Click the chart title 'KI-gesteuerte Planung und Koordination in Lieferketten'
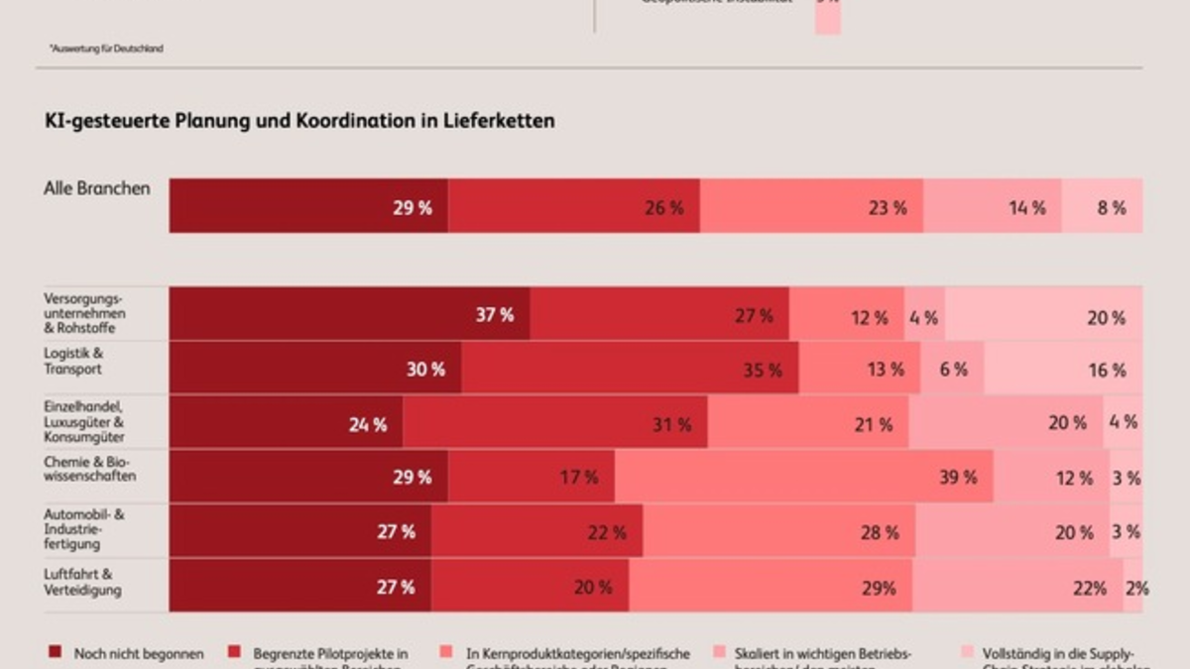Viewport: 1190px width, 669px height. pos(299,121)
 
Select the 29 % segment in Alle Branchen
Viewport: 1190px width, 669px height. pos(308,206)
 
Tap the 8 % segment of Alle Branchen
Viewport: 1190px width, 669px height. pos(1102,206)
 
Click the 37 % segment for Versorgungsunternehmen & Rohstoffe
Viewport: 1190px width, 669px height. pos(349,315)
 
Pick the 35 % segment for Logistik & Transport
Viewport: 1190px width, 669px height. pos(630,369)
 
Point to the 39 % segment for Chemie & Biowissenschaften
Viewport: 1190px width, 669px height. pos(803,477)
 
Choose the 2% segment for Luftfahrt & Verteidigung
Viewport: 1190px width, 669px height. pos(1132,586)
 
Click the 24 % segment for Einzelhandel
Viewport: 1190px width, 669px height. pos(286,423)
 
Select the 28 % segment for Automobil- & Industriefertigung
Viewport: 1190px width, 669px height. pos(778,531)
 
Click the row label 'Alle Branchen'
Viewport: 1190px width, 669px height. pos(97,188)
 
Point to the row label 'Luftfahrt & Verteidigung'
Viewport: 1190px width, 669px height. pos(82,582)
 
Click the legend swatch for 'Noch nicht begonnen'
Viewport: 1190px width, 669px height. pos(55,653)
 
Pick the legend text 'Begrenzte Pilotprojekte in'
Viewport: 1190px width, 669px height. pos(330,653)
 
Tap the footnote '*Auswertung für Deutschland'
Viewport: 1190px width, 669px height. pos(105,48)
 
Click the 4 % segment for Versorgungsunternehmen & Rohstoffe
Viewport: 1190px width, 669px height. pos(924,315)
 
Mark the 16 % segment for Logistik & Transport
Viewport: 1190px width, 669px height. pos(1063,369)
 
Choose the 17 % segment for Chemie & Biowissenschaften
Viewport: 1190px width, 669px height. pos(531,477)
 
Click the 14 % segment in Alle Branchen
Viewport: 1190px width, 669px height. pos(993,206)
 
